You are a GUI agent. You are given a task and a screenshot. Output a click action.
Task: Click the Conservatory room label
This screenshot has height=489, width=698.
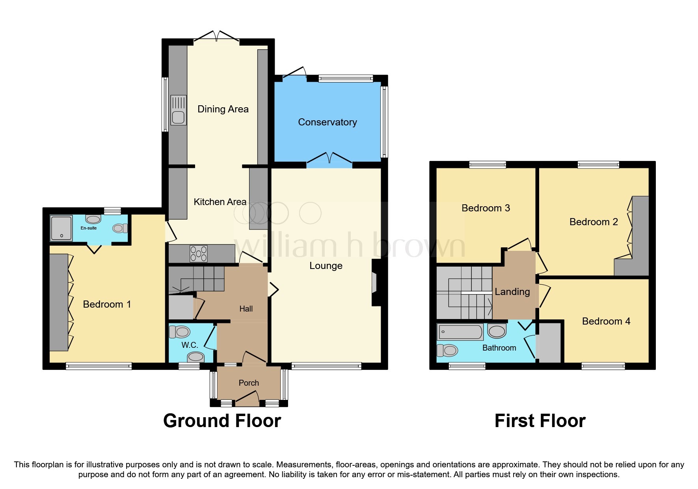[327, 122]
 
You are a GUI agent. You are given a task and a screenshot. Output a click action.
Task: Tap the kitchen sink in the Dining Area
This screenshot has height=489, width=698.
[178, 110]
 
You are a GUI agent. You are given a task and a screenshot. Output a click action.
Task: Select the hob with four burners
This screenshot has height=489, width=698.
[199, 254]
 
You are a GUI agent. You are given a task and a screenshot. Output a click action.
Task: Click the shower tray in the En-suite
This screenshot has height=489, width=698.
[61, 228]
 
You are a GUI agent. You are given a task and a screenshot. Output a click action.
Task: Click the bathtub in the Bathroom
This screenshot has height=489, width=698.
[460, 332]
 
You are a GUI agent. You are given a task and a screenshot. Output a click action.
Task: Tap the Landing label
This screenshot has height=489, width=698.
[512, 292]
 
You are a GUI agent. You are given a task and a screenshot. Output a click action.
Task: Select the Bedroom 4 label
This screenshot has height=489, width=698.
[606, 321]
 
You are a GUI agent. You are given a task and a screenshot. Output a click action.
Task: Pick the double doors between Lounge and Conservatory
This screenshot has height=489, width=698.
[329, 159]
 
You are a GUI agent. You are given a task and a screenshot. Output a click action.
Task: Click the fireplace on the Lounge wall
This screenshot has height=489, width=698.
[375, 282]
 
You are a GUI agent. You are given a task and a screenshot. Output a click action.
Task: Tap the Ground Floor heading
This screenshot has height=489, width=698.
[222, 421]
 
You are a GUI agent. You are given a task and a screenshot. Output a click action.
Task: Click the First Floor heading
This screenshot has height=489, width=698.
[540, 421]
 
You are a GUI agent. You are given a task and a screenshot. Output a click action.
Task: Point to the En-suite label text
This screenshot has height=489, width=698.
[89, 228]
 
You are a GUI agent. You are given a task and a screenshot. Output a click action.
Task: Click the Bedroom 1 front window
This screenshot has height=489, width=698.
[99, 366]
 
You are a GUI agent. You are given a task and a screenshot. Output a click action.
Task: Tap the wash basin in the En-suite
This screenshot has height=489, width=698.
[93, 219]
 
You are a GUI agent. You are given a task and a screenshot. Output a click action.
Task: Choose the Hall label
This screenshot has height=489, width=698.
[246, 309]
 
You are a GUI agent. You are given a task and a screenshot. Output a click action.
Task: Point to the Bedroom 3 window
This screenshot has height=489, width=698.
[487, 164]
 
